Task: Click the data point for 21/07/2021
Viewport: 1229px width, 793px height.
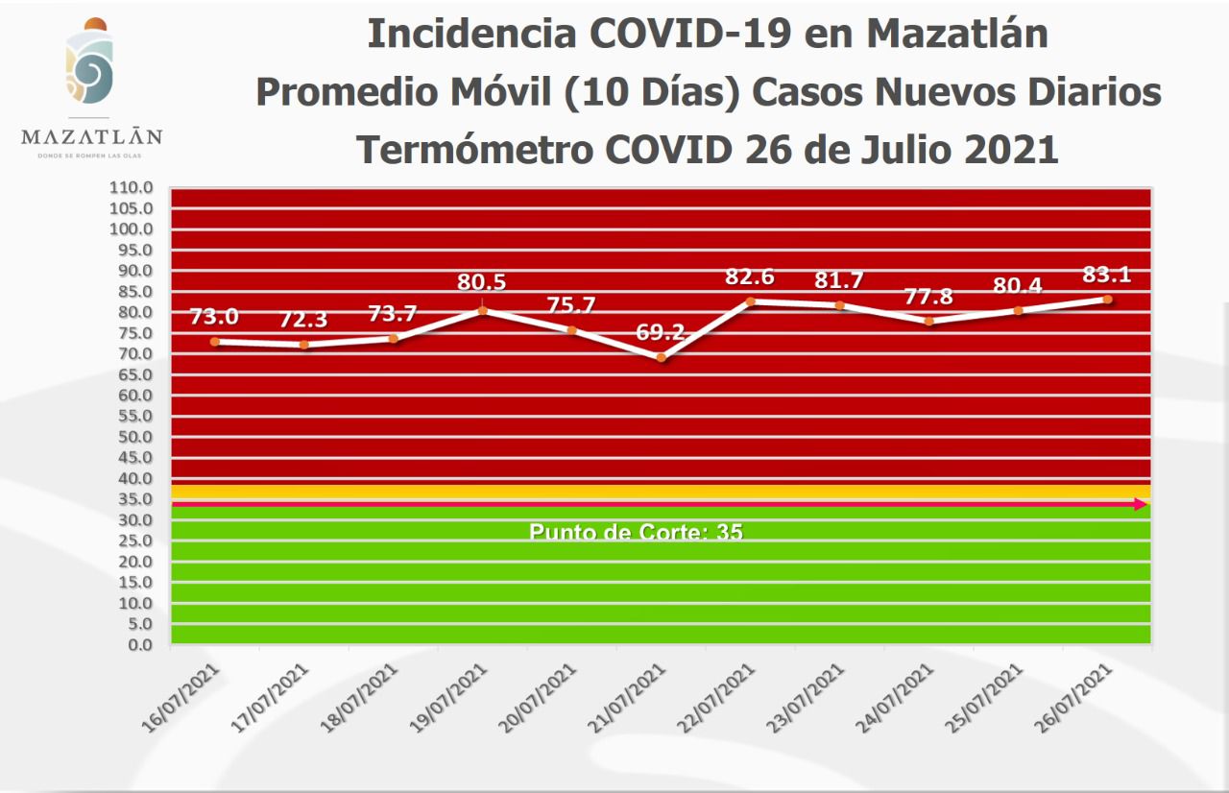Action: coord(661,357)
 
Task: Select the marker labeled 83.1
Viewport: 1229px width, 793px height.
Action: coord(1107,299)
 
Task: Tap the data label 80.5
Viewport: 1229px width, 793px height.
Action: coord(482,282)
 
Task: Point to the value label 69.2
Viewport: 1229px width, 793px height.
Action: coord(661,334)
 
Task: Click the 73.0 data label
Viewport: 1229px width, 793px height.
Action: coord(214,317)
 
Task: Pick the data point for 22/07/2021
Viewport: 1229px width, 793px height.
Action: coord(750,301)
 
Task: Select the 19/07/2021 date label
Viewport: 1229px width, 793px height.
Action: coord(456,698)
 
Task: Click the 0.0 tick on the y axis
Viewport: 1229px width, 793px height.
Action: coord(140,644)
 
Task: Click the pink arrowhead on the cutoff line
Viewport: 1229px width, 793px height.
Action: coord(1141,504)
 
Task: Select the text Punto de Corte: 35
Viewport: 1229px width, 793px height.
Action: coord(636,531)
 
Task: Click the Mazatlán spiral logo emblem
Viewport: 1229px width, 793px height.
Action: coord(89,72)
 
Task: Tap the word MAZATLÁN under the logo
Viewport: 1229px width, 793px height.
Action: coord(91,136)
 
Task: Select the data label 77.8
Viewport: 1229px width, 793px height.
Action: coord(928,296)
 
